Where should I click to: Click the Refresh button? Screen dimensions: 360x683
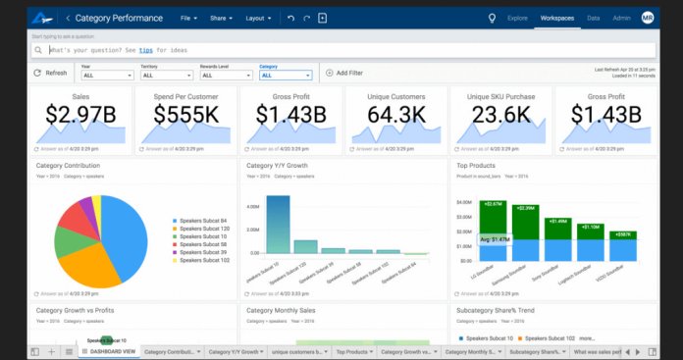50,73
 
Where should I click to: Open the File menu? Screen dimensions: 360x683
189,18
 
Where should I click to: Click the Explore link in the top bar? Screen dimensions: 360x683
517,18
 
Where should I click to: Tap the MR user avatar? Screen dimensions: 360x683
647,18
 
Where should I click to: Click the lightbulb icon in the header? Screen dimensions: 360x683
492,18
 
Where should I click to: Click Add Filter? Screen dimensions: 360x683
343,73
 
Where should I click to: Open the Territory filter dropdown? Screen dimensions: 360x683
164,75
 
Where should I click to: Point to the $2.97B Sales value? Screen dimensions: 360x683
81,114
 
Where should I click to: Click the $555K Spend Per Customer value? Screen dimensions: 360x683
186,114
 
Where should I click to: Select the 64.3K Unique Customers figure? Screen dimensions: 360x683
396,114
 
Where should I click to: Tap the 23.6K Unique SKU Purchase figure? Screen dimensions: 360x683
501,114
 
